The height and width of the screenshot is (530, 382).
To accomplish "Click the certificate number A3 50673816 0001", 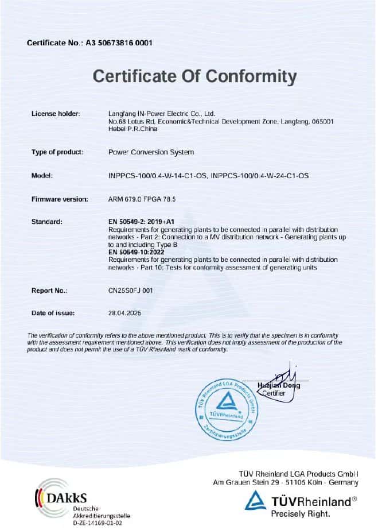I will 119,43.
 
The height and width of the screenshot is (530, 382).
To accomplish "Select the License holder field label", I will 56,114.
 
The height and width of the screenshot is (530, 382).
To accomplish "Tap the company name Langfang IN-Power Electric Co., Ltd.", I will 161,114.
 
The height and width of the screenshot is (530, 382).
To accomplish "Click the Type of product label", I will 57,152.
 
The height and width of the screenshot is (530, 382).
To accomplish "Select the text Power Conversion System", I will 151,152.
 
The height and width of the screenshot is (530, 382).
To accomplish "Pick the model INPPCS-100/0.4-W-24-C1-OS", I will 260,176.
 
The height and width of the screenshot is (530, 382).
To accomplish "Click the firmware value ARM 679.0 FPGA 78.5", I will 141,199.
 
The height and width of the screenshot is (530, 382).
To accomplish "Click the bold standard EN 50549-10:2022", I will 140,252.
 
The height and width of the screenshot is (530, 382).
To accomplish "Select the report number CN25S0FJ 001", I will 131,291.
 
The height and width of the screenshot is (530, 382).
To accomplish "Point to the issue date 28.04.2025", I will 124,314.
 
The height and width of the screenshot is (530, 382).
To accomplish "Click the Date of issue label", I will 53,314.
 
